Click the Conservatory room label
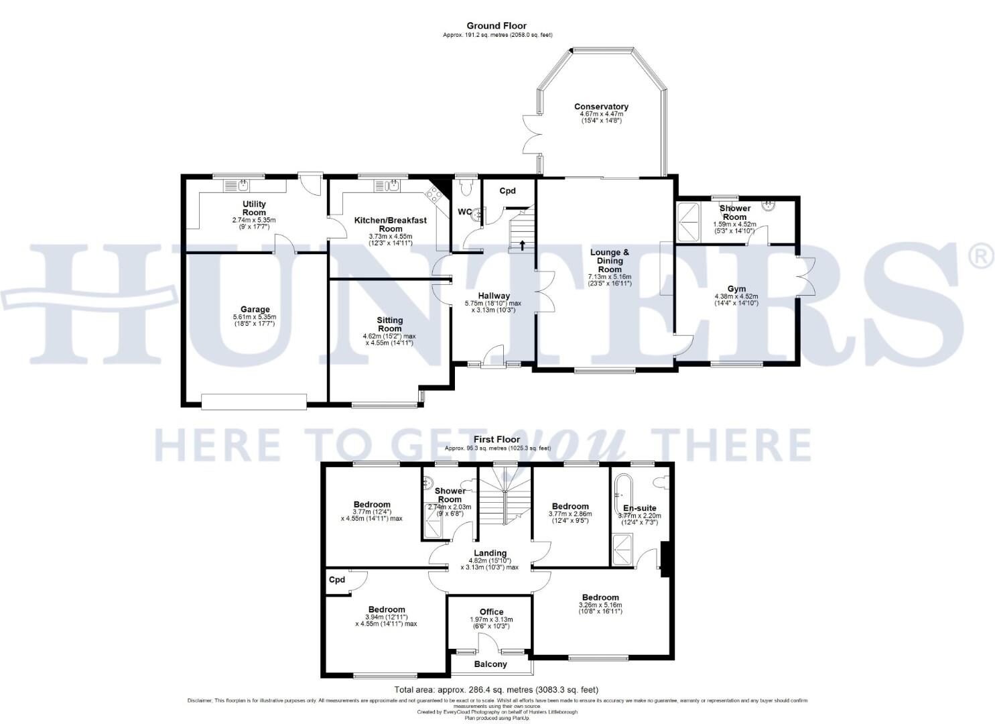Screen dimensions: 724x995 (x=601, y=107)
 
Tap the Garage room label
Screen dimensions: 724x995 (x=255, y=310)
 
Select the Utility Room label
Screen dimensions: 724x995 (x=254, y=208)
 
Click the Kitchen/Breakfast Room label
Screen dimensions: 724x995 (x=390, y=224)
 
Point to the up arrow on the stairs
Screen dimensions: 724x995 (x=522, y=245)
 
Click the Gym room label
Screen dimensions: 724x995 (x=736, y=288)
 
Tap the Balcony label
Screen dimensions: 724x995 (x=490, y=664)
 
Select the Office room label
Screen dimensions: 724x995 (x=491, y=611)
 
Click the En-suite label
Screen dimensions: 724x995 (x=639, y=507)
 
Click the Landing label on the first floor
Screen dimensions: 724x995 (x=490, y=552)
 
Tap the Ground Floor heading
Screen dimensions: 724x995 (x=497, y=26)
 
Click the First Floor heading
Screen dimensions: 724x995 (x=497, y=439)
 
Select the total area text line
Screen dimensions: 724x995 (x=496, y=689)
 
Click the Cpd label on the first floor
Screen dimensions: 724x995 (x=337, y=580)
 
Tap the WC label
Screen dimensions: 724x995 (x=464, y=212)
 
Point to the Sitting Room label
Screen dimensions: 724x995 (x=389, y=324)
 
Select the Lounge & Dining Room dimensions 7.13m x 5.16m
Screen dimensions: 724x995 (x=610, y=276)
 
